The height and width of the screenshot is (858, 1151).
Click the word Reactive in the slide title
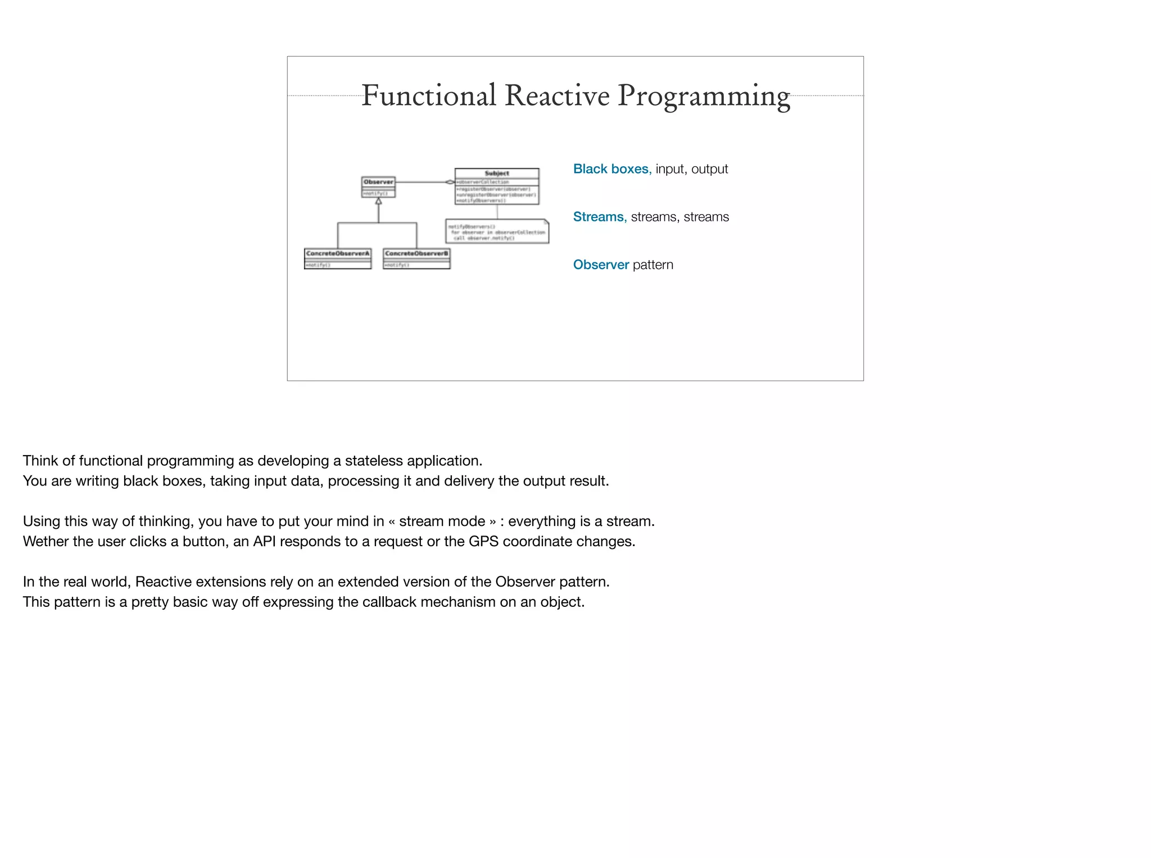click(x=556, y=96)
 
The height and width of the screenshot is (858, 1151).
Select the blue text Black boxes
click(x=610, y=169)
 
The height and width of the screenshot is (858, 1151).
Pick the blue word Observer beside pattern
click(x=601, y=265)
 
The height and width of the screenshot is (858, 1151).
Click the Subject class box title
click(x=497, y=174)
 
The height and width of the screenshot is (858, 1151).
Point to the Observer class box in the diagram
click(x=378, y=187)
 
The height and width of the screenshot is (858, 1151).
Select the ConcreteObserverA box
click(x=338, y=258)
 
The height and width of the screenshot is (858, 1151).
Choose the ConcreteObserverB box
click(x=416, y=258)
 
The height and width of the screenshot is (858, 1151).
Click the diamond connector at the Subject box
click(x=450, y=182)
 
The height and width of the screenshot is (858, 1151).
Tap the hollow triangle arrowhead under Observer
click(x=378, y=201)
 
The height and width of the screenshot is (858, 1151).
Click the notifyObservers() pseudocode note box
click(x=497, y=231)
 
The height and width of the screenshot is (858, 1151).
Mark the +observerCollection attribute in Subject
click(x=483, y=182)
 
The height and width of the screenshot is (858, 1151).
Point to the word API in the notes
click(x=264, y=542)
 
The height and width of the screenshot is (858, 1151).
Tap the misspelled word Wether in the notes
click(x=46, y=542)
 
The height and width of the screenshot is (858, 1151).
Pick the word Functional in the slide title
click(x=428, y=96)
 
